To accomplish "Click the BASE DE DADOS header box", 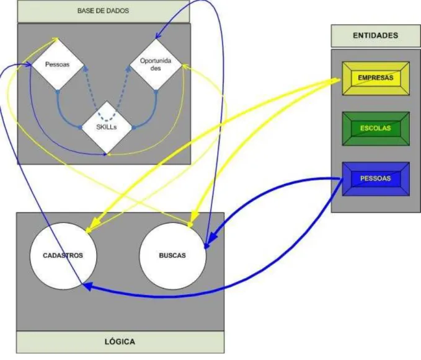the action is [x=104, y=11].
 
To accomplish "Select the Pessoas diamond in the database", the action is [x=58, y=64].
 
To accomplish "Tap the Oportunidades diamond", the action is [x=156, y=64].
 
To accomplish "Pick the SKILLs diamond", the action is [x=107, y=127].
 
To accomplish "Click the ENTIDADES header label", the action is [x=375, y=36].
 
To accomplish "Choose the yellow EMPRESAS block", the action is [x=376, y=78].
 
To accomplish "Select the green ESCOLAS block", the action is [x=376, y=128].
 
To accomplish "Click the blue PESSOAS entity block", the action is [x=376, y=178].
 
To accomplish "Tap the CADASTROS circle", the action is [x=63, y=256].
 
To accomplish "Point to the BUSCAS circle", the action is [x=172, y=256].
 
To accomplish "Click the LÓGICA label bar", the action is [x=120, y=342].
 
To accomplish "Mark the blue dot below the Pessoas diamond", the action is [x=58, y=92].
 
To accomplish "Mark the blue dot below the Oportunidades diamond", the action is [x=156, y=92].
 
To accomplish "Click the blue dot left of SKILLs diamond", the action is [x=80, y=128].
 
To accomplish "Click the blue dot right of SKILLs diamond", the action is [x=134, y=128].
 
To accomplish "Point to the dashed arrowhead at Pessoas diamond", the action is [x=86, y=68].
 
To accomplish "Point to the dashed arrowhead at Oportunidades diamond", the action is [x=128, y=69].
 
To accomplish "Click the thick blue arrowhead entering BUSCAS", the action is [x=212, y=237].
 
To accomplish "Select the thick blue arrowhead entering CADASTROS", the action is [x=87, y=286].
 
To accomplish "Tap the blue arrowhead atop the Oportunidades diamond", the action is [x=158, y=35].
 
